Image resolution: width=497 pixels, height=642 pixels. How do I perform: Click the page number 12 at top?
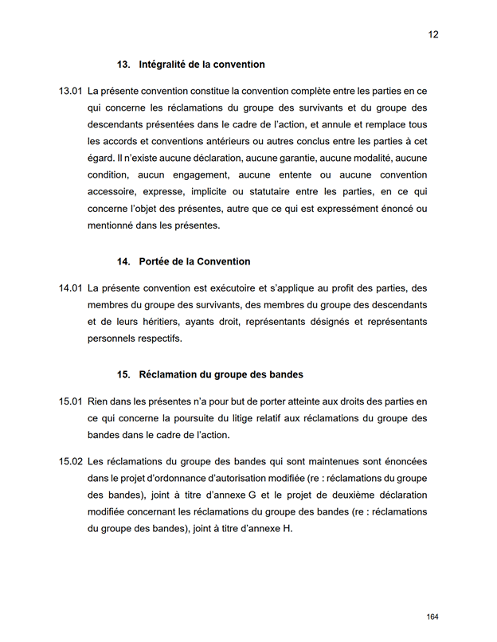coord(433,34)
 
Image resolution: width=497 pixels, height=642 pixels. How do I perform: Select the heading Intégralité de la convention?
coord(202,65)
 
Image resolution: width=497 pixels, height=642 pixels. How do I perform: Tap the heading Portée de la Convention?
coord(194,261)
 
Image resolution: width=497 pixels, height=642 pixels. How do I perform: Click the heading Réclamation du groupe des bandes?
coord(221,374)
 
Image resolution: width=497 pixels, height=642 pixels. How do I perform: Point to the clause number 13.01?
coord(71,92)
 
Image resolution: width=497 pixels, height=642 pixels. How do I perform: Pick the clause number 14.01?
coord(71,288)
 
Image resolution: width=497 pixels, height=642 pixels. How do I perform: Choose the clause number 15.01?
coord(71,401)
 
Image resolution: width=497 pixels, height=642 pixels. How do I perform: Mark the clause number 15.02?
coord(71,461)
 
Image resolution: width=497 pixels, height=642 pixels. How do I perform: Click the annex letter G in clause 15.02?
coord(252,495)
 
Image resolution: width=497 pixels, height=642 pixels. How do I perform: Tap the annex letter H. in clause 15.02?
coord(288,529)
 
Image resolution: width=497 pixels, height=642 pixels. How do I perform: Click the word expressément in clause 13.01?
coord(354,209)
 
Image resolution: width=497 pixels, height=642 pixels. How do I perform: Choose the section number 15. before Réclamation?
coord(123,374)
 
